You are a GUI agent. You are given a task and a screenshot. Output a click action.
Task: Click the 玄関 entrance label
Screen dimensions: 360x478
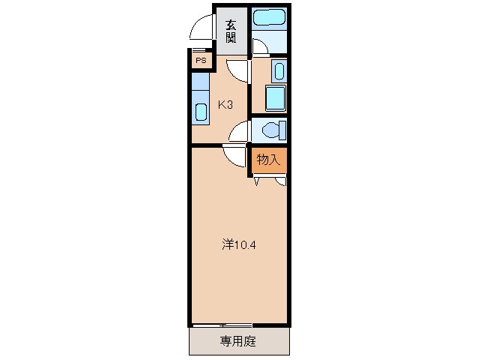click(232, 31)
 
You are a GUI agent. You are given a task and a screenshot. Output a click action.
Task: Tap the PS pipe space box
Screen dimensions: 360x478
click(201, 60)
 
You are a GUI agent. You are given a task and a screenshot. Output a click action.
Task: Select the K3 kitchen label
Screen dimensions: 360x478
click(226, 105)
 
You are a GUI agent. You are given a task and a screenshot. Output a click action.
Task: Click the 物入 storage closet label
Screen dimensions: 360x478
click(268, 159)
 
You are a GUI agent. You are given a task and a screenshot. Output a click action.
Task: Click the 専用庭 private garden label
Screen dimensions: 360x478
click(238, 342)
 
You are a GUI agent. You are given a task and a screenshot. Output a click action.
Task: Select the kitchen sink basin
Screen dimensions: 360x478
click(201, 112)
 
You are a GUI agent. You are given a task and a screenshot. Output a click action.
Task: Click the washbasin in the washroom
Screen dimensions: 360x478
click(278, 72)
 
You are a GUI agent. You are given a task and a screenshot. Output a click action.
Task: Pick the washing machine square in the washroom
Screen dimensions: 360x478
click(276, 98)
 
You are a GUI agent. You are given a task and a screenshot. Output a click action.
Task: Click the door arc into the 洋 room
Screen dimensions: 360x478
click(235, 157)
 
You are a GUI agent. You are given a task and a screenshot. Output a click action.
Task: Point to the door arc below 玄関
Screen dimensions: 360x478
click(238, 70)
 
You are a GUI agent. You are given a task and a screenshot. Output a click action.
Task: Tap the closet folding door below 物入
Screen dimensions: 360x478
click(269, 178)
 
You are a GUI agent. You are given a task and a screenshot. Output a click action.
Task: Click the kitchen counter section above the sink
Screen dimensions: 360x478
click(200, 82)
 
